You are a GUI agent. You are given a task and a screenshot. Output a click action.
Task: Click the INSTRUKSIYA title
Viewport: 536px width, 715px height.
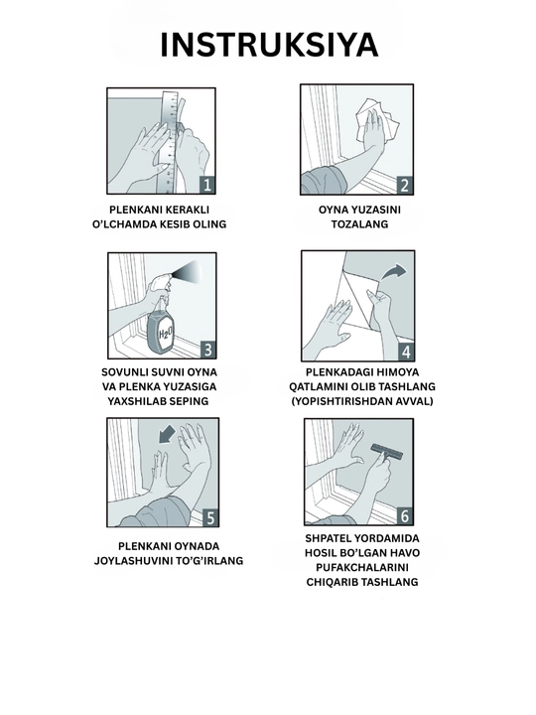269,45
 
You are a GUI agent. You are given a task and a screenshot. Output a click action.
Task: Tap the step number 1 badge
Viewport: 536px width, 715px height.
207,185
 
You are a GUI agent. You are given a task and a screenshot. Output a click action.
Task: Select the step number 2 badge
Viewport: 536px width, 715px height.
405,186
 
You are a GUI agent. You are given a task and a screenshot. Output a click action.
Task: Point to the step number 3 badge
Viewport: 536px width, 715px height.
207,350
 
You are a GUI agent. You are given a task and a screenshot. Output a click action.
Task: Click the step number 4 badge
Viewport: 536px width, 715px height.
406,352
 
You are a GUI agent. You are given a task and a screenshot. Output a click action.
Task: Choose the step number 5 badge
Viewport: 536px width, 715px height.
210,518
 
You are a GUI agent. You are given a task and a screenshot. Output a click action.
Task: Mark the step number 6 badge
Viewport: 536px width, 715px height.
405,516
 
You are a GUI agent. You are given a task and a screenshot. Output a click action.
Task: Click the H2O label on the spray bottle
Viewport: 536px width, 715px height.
165,335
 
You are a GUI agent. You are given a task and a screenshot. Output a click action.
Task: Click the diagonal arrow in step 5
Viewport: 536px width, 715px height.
168,434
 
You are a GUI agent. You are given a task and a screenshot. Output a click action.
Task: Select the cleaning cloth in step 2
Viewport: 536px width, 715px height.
377,119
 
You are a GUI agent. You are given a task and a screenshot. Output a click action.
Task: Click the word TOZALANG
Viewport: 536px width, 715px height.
359,224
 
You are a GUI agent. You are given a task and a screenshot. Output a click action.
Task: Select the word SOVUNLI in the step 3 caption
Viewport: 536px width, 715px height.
120,372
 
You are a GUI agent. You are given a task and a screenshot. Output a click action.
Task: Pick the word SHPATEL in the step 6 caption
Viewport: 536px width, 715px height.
326,538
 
